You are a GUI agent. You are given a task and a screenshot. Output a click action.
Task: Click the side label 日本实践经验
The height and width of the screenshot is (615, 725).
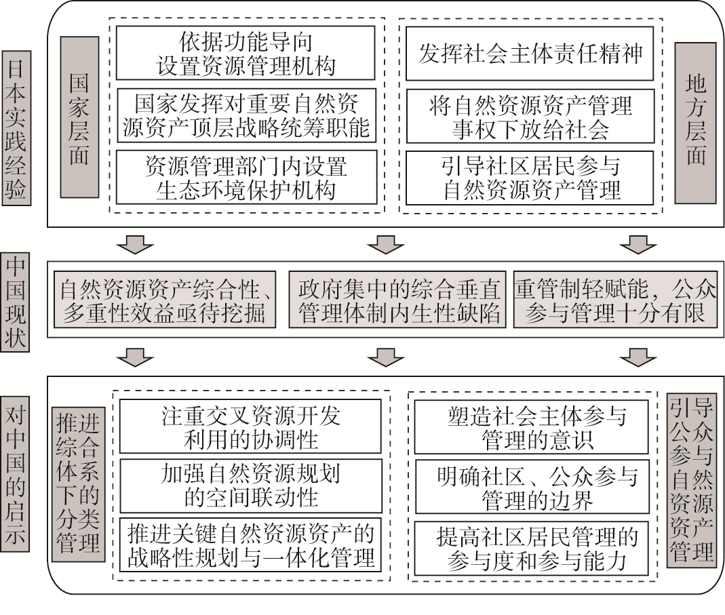(16, 127)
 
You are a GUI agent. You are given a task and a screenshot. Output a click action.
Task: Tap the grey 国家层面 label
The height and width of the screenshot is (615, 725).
(79, 117)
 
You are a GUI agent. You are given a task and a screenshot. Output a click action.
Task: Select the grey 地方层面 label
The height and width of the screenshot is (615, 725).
(694, 123)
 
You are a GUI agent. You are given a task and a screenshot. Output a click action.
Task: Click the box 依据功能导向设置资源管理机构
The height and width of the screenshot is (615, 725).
(245, 53)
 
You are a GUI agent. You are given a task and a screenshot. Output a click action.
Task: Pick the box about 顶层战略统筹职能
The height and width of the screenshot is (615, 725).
(246, 115)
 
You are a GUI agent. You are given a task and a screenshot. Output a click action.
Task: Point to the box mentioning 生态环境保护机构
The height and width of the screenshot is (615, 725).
(246, 178)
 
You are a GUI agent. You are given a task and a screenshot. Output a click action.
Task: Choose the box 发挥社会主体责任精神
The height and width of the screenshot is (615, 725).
(530, 54)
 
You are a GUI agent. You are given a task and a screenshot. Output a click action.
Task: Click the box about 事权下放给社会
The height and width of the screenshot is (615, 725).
(530, 116)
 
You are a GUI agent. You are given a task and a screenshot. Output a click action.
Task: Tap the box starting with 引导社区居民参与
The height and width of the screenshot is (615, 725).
(530, 178)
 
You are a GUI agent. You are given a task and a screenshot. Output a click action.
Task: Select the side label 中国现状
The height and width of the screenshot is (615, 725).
(15, 302)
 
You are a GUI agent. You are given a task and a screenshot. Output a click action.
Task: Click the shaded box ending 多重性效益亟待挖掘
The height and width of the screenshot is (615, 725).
(165, 300)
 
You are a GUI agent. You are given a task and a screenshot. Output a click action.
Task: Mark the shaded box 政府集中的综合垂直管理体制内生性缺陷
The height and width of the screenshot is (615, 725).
(397, 300)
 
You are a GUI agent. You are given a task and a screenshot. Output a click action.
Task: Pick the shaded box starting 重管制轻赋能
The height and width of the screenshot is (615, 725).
(615, 300)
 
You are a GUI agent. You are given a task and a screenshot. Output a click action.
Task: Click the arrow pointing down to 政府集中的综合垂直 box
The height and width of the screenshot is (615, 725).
(387, 244)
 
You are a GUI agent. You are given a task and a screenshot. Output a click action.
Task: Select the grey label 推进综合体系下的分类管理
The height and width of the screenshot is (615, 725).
(78, 484)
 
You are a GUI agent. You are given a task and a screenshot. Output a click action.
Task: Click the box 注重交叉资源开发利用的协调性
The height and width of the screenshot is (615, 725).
(250, 426)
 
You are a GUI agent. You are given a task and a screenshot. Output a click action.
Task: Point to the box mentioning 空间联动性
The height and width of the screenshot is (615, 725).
(251, 485)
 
